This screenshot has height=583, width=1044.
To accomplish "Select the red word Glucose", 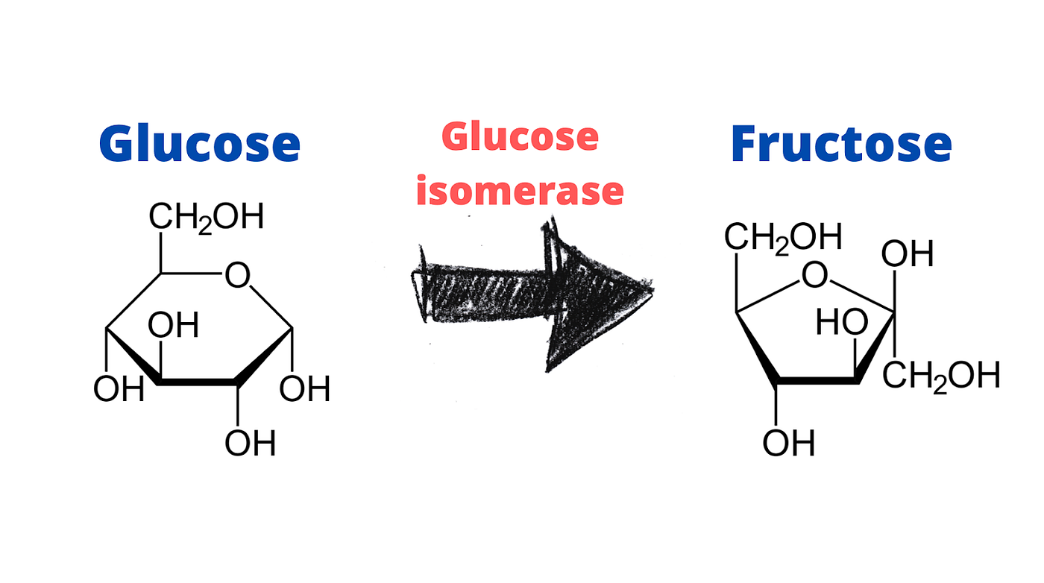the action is point(520,137).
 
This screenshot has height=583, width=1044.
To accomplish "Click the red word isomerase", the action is point(520,191).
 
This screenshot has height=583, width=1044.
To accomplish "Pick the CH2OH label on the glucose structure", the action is point(206,217).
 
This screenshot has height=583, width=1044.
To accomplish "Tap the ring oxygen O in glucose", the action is point(237,277).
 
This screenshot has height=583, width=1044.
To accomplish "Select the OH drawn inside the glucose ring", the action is point(173,326).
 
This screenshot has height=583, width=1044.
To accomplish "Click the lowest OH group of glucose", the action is point(250,444).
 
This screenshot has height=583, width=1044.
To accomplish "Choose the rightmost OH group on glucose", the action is point(304,389).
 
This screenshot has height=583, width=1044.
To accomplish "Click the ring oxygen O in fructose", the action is point(814,277).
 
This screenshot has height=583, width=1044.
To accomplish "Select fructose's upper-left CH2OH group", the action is point(783,238).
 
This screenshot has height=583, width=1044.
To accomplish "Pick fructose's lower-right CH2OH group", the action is point(941,375).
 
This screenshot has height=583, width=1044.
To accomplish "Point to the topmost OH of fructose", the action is point(908,255).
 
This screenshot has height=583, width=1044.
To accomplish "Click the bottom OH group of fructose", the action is point(788,444).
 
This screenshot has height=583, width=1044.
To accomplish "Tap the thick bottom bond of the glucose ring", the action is point(199,383).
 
